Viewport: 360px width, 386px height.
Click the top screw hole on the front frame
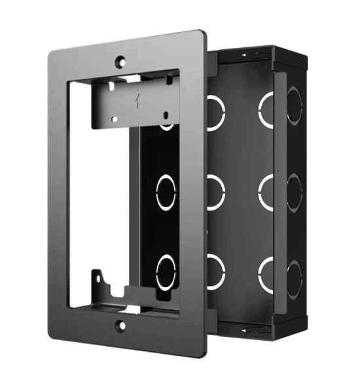(x=121, y=61)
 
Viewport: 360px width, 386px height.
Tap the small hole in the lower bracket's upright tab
(x=99, y=277)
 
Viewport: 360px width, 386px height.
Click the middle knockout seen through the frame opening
(x=166, y=192)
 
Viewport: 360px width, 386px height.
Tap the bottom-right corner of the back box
(x=306, y=326)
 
